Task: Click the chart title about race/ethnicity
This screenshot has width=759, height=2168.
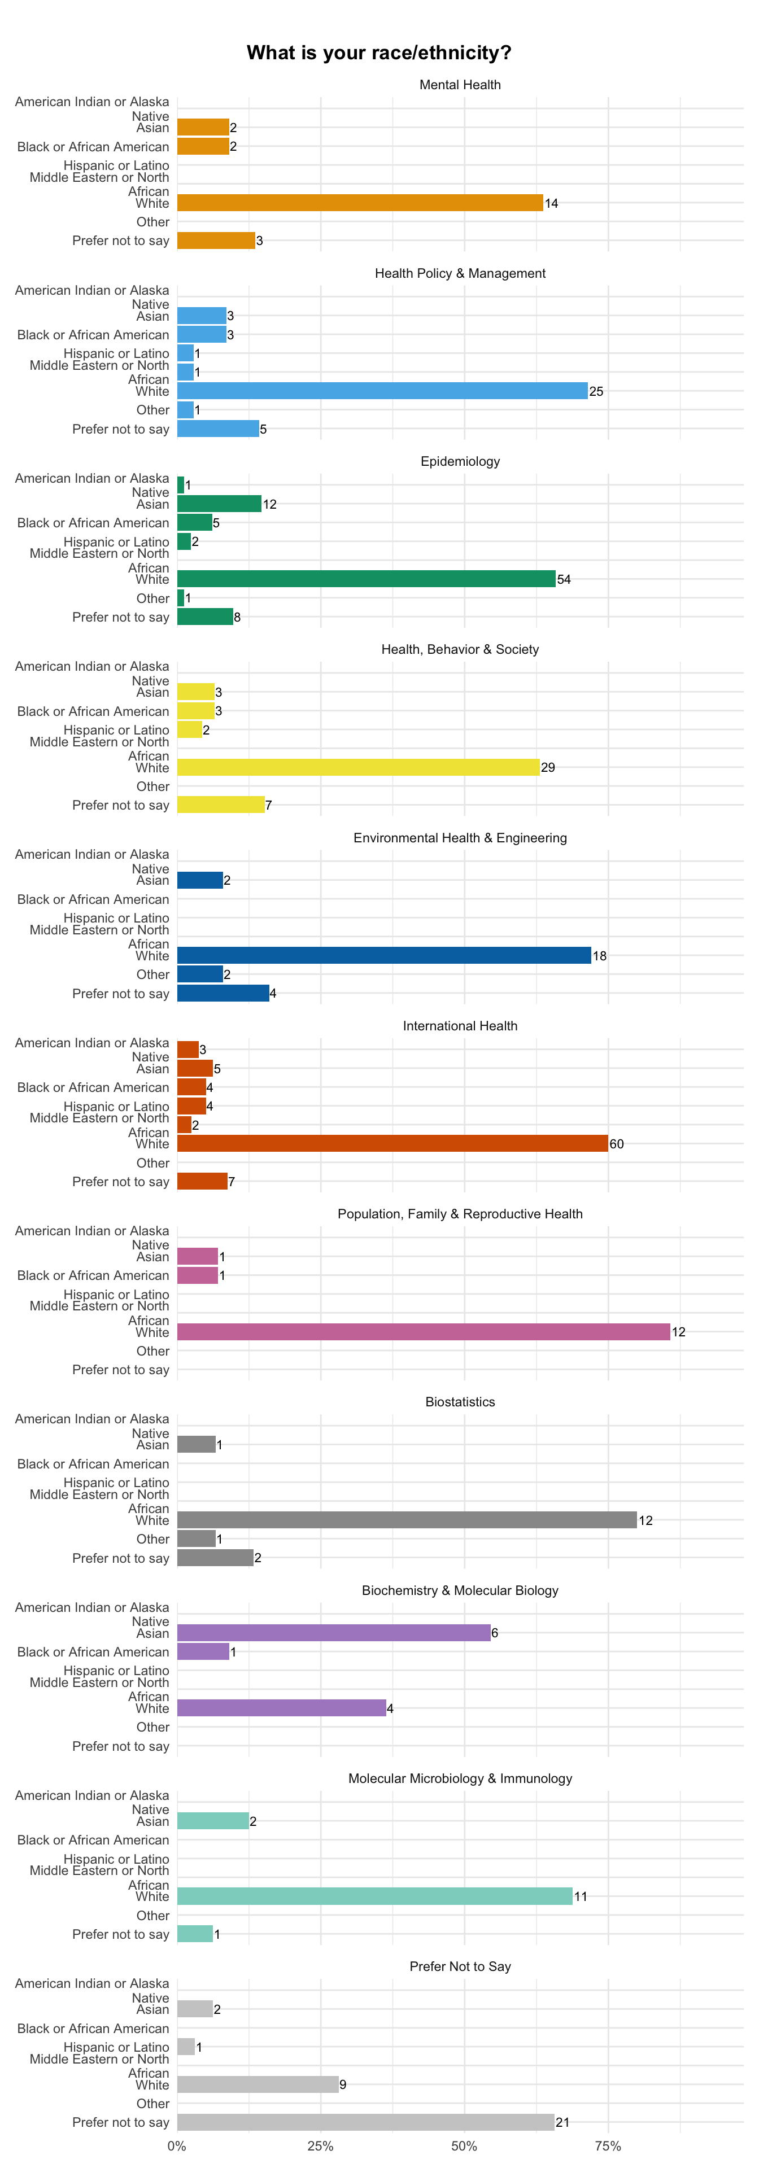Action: [x=379, y=53]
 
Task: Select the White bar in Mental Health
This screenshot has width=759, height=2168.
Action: [x=360, y=203]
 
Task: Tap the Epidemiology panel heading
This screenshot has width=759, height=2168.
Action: [x=460, y=461]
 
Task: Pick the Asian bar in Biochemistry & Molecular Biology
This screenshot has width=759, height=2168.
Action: [x=334, y=1633]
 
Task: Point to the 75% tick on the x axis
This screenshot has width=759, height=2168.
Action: [x=608, y=2146]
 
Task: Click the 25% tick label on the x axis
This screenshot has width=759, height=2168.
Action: [x=321, y=2146]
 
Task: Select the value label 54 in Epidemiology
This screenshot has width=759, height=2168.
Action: [x=564, y=580]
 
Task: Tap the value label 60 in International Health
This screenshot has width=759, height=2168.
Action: [x=617, y=1144]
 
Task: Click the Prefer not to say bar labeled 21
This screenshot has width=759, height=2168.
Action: [x=366, y=2123]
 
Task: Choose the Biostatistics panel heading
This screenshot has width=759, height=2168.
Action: [x=460, y=1402]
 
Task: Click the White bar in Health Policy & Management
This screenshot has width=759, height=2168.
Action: [x=383, y=391]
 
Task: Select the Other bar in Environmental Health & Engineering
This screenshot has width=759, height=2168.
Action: [x=200, y=974]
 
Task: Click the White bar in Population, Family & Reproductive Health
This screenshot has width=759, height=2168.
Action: [x=424, y=1331]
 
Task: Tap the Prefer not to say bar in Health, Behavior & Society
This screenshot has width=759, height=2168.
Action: [x=221, y=805]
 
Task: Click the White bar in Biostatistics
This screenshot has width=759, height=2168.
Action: [x=407, y=1520]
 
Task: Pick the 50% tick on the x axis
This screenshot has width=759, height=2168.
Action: [x=464, y=2146]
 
